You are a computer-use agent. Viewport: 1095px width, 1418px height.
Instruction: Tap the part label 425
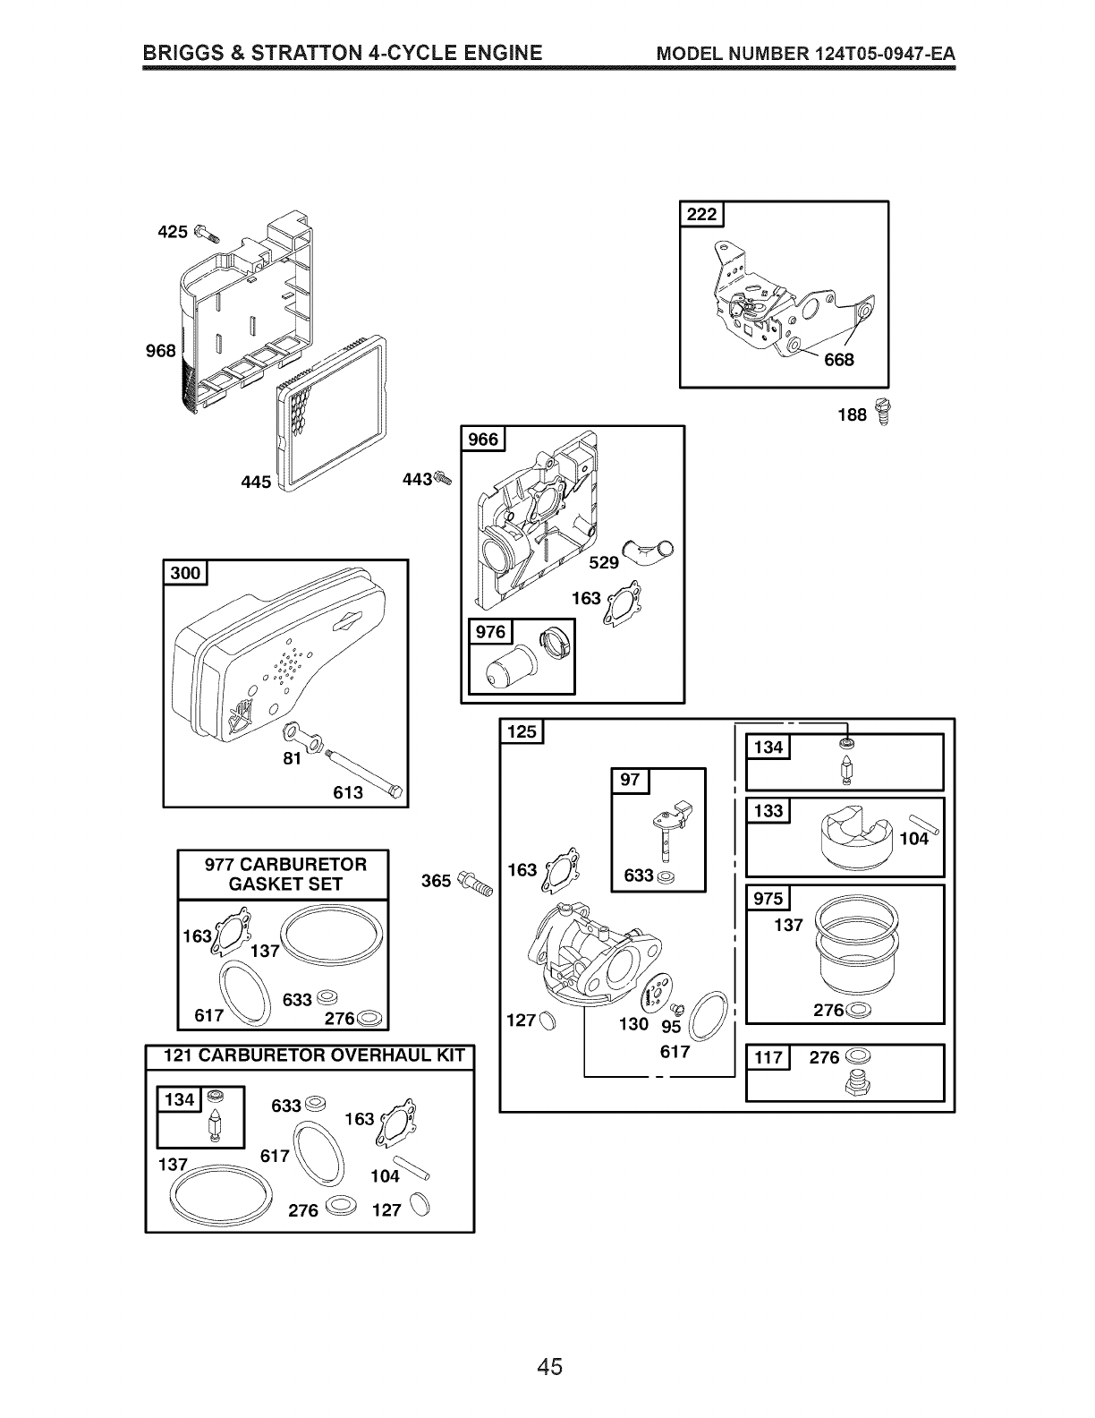point(172,232)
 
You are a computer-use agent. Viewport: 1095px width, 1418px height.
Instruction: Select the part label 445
point(256,483)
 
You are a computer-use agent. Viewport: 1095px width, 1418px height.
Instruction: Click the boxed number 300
point(185,573)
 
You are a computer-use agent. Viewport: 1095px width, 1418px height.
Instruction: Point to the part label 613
point(348,792)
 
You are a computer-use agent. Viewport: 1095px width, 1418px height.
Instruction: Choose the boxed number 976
point(490,633)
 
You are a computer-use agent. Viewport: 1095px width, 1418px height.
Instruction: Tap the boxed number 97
point(630,779)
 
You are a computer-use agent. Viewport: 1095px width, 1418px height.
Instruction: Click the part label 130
point(633,1023)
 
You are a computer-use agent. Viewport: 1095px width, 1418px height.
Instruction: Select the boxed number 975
point(768,899)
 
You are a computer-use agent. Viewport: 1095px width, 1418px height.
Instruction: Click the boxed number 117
point(768,1058)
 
